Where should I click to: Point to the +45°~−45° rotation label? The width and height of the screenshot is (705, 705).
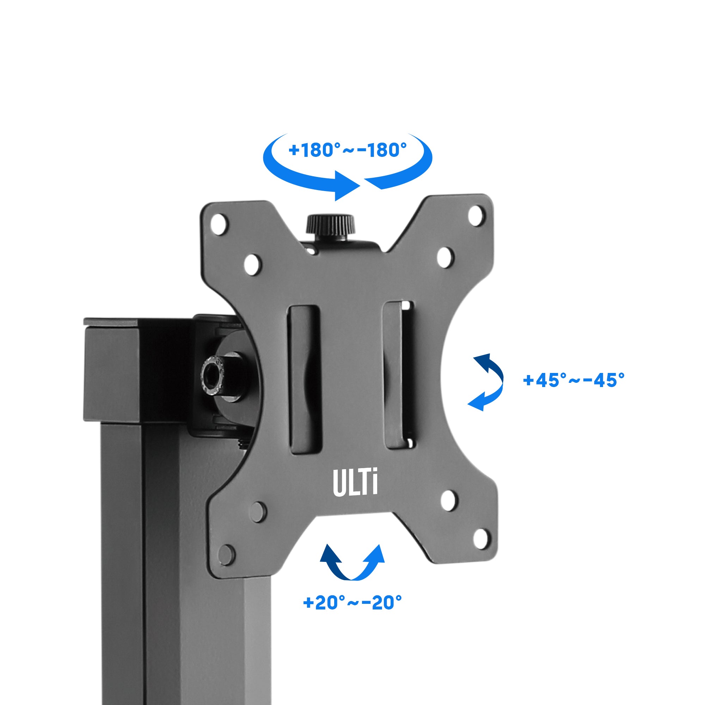pos(574,380)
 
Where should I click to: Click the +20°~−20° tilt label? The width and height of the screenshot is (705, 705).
pos(352,602)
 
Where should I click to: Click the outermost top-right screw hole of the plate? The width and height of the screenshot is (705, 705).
pos(477,216)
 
